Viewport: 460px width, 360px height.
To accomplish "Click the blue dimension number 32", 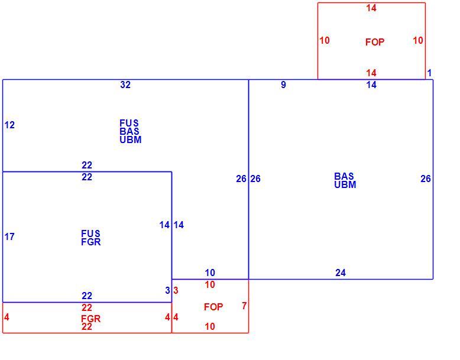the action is point(125,85).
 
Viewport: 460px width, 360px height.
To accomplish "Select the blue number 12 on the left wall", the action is point(9,125).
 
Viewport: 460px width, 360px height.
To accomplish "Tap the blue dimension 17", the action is point(9,236).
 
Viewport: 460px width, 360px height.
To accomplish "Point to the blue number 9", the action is point(283,85).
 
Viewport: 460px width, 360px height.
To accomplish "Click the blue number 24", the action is point(341,273).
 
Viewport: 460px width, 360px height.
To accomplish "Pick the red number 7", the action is point(244,306).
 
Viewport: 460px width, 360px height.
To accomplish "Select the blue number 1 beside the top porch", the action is point(429,73).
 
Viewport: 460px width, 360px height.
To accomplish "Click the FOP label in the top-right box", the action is point(375,42).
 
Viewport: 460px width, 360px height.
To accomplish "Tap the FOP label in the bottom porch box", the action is point(213,307).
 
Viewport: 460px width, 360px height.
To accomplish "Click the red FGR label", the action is point(90,319).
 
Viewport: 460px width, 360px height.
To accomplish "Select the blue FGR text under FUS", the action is point(90,242).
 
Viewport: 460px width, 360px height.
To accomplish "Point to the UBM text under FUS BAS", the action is point(131,140).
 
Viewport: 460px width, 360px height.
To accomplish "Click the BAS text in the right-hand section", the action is point(344,176).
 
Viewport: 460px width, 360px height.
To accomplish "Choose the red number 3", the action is point(176,290).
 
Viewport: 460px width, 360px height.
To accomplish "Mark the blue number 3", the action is point(167,290).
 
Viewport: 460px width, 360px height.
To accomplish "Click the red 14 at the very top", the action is point(371,8).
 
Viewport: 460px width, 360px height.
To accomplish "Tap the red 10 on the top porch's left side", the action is point(325,40).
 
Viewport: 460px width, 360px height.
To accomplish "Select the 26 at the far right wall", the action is point(425,179).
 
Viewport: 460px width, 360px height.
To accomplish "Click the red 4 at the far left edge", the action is point(7,317).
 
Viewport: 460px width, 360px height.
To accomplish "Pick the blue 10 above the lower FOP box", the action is point(210,273).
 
